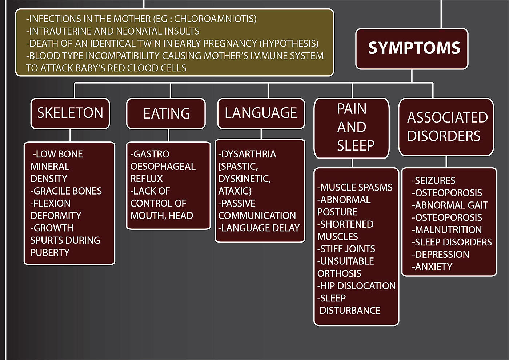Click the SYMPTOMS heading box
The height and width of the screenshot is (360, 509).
[x=412, y=49]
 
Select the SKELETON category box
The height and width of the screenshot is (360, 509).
[x=70, y=113]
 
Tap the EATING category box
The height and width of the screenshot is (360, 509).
[x=166, y=113]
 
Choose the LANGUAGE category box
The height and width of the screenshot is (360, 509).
[x=261, y=113]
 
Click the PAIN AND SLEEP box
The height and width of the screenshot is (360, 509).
[x=352, y=127]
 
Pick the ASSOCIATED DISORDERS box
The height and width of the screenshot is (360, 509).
[x=446, y=127]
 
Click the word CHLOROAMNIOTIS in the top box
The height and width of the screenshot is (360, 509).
[x=215, y=19]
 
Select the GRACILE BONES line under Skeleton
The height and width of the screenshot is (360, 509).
[x=66, y=191]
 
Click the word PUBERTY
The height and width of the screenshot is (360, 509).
[x=50, y=253]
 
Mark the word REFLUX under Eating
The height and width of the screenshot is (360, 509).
[x=147, y=179]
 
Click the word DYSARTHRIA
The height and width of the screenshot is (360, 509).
[x=248, y=154]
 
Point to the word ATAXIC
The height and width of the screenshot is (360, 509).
[x=235, y=191]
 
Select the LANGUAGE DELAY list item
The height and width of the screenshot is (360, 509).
[x=259, y=228]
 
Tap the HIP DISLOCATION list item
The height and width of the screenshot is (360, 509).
[x=357, y=286]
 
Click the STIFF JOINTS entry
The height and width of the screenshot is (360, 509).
[x=346, y=249]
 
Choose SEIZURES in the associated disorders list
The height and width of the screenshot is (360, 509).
[x=434, y=181]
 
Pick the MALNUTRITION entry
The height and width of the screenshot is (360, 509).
[x=447, y=230]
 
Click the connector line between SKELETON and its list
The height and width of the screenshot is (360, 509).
[x=70, y=136]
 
